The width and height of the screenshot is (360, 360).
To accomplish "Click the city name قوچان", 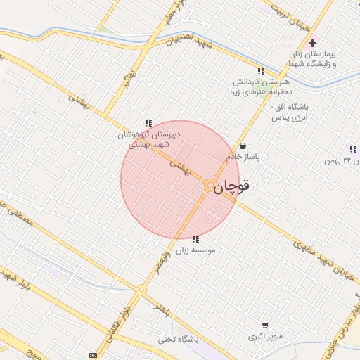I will (232, 187).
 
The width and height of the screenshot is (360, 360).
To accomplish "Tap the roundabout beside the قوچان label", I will (210, 185).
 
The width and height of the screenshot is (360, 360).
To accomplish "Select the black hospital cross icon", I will (312, 44).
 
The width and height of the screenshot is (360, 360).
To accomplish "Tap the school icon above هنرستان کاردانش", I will (262, 71).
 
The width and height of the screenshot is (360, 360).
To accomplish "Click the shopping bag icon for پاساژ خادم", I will (243, 146).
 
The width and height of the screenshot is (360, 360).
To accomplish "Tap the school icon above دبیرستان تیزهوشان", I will (148, 123).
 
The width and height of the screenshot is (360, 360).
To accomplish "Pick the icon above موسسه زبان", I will (195, 239).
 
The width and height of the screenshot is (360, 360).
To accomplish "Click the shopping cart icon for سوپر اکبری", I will (264, 326).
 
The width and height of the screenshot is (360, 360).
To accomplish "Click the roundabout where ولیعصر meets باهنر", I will (141, 288).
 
